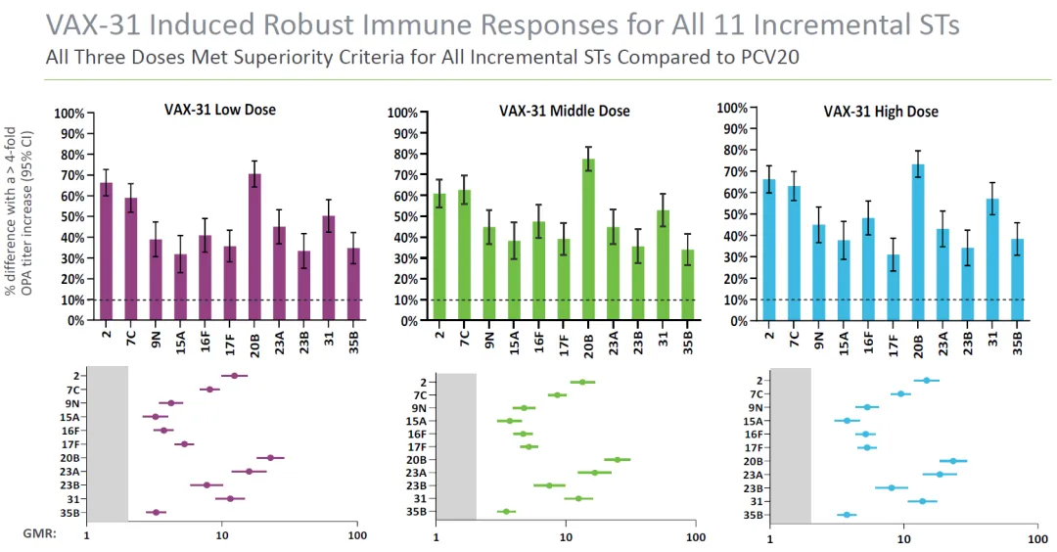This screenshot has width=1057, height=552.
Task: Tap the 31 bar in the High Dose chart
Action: point(992,259)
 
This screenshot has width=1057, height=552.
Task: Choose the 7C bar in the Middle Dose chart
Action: point(465,254)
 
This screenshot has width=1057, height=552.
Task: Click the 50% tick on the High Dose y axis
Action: point(734,214)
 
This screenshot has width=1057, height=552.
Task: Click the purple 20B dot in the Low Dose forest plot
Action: point(271,457)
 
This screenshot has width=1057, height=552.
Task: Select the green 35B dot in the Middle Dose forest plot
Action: point(505,511)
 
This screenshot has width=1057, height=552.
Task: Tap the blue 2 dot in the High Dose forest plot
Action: point(927,380)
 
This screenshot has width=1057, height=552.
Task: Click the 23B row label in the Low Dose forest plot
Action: point(69,485)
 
